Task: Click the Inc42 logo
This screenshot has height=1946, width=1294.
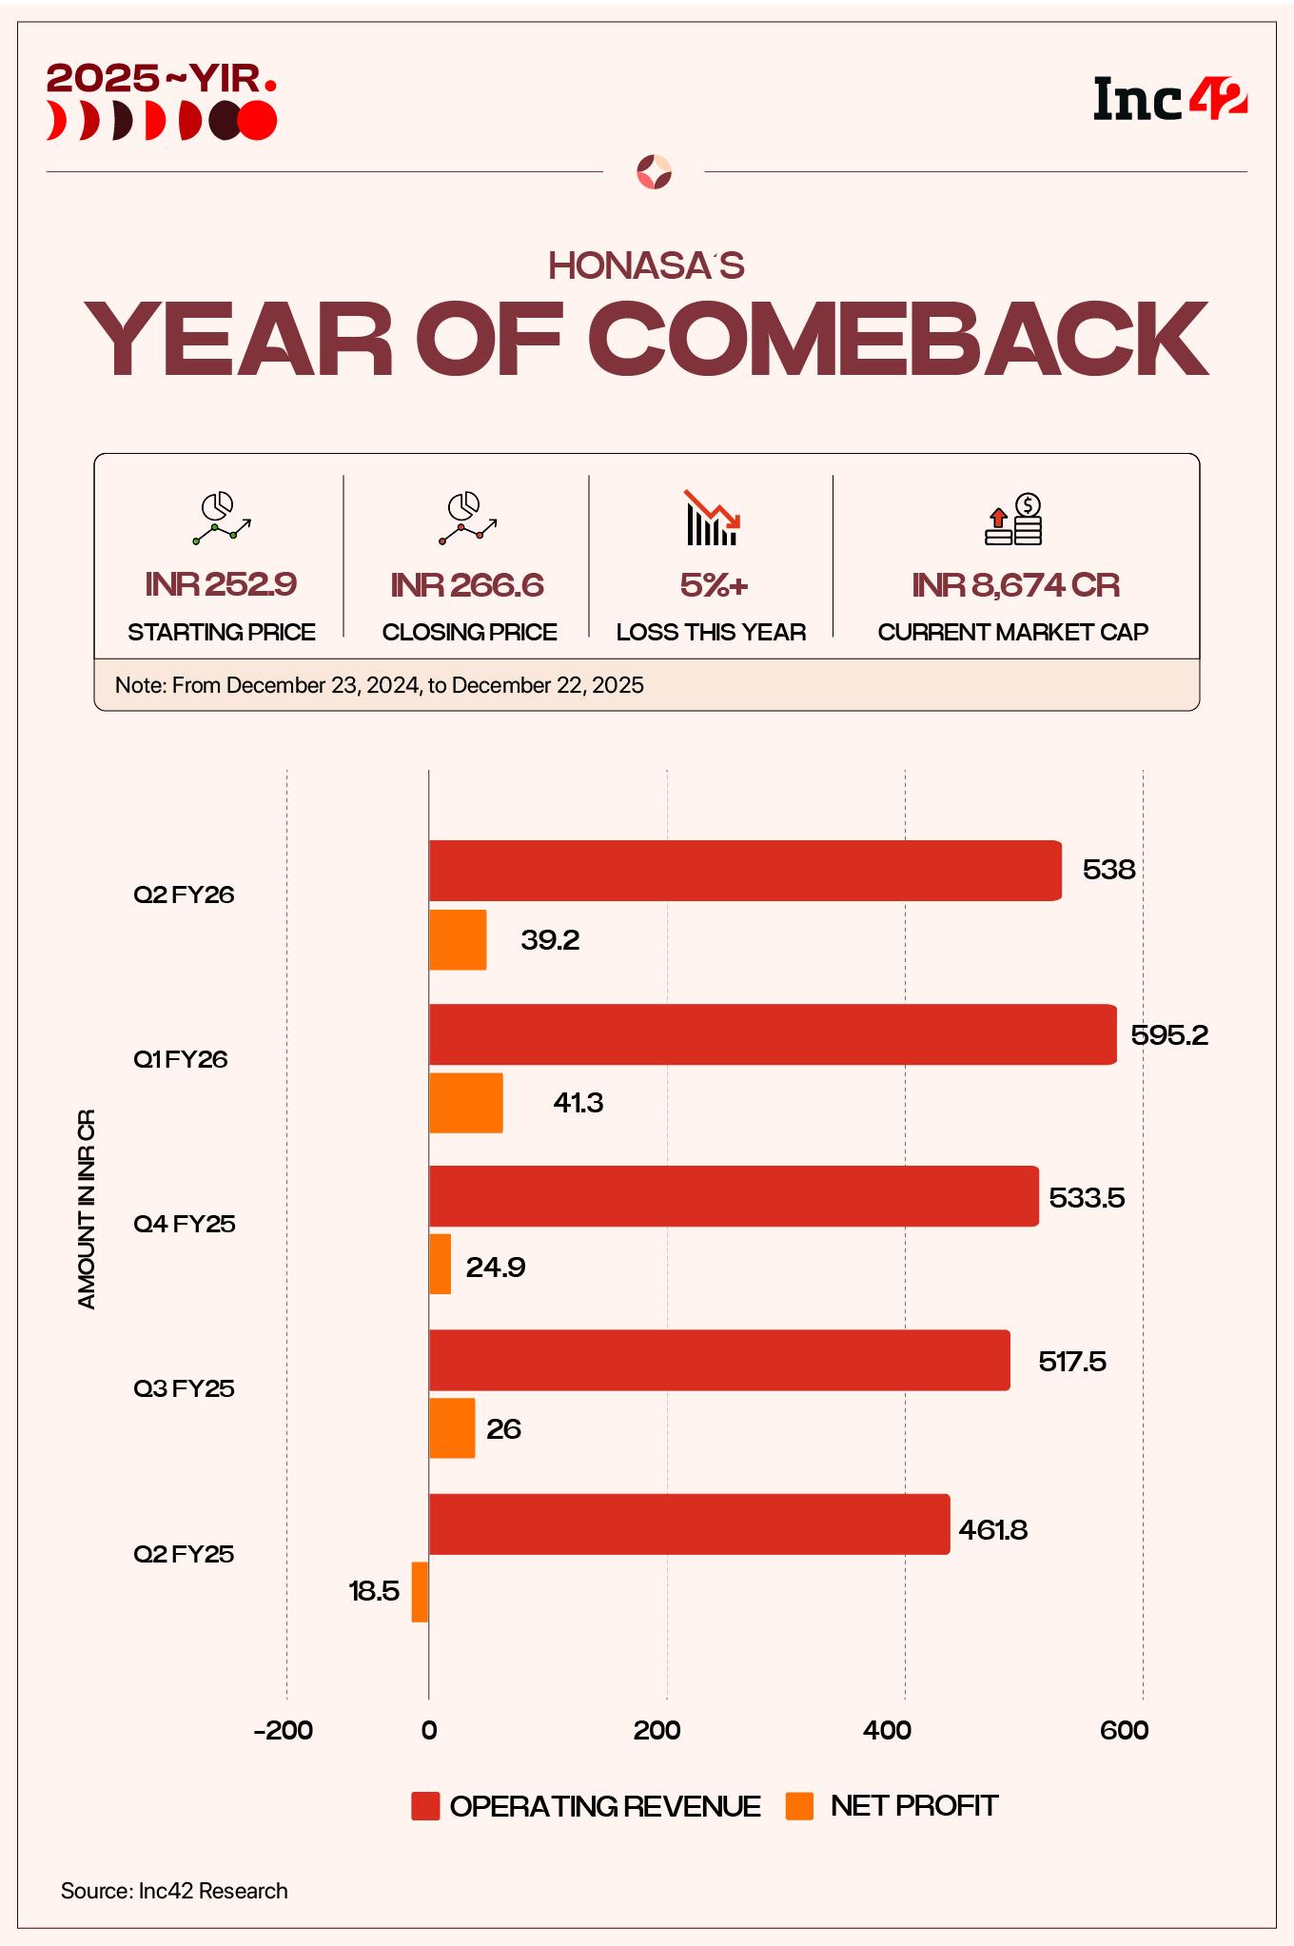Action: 1169,100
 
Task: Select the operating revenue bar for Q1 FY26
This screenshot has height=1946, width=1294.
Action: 773,1033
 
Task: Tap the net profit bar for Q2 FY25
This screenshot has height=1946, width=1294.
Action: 420,1591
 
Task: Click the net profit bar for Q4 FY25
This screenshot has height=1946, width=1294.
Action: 440,1264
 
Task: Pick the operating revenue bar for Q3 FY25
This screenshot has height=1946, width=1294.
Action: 719,1360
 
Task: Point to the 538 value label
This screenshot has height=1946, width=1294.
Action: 1108,870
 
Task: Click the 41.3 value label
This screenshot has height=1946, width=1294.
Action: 578,1103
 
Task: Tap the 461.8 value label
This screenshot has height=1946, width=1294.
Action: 992,1530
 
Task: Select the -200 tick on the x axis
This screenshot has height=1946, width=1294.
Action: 284,1730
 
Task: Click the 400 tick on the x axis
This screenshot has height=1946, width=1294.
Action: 887,1730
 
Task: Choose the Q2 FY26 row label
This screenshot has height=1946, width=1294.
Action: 184,894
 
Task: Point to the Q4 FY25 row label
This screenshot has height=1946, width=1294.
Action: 184,1224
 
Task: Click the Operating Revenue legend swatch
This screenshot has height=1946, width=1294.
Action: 425,1806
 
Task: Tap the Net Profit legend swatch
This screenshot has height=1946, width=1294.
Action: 800,1806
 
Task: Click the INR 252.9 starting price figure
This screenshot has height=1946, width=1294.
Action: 221,584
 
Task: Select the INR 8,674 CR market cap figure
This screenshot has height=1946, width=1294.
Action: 1014,584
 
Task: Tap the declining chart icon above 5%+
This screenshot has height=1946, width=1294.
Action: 712,519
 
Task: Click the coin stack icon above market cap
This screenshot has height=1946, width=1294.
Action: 1014,520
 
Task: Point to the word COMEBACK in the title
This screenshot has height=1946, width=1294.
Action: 897,341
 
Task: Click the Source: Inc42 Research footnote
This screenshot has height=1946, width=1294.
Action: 174,1891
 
